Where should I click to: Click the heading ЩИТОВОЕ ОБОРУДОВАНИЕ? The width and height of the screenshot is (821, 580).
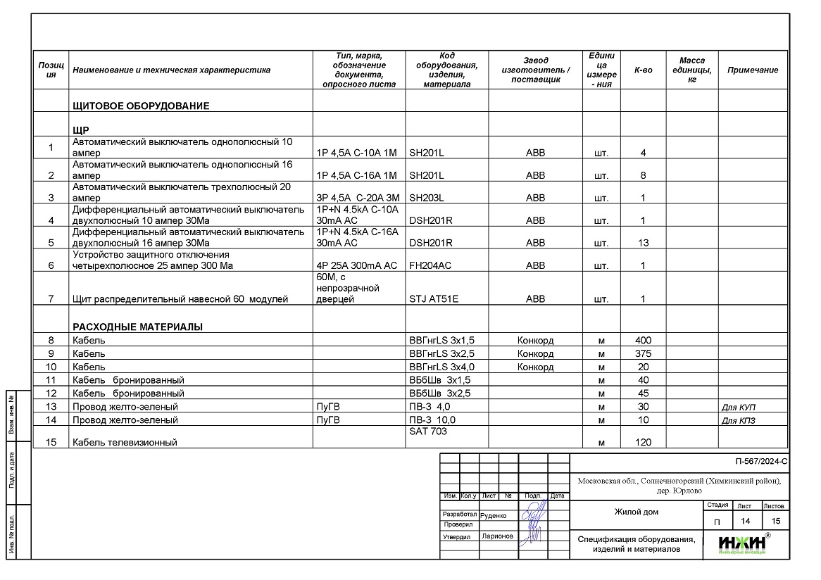(141, 106)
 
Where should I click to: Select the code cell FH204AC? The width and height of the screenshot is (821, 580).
(430, 265)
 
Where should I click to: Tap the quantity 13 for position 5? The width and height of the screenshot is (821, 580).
(642, 243)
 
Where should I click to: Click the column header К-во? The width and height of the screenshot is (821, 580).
(643, 70)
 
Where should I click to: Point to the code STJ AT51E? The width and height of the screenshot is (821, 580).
(433, 299)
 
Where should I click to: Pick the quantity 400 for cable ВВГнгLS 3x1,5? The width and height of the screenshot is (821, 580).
(642, 341)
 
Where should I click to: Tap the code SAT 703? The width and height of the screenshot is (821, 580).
(427, 431)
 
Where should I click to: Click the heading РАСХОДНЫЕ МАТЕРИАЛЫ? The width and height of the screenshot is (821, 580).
(137, 327)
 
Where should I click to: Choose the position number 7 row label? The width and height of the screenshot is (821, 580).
(51, 299)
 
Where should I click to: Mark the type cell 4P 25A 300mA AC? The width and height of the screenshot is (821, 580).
(357, 265)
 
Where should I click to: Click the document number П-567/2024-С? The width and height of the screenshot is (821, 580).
(760, 462)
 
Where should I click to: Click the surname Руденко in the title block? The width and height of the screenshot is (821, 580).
(493, 515)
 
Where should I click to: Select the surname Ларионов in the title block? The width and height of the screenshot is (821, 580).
(497, 536)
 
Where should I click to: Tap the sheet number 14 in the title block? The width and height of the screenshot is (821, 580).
(744, 521)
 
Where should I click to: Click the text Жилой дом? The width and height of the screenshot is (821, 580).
(637, 512)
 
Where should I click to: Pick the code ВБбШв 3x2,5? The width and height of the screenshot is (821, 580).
(439, 393)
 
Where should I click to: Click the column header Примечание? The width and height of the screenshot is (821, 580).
(752, 70)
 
